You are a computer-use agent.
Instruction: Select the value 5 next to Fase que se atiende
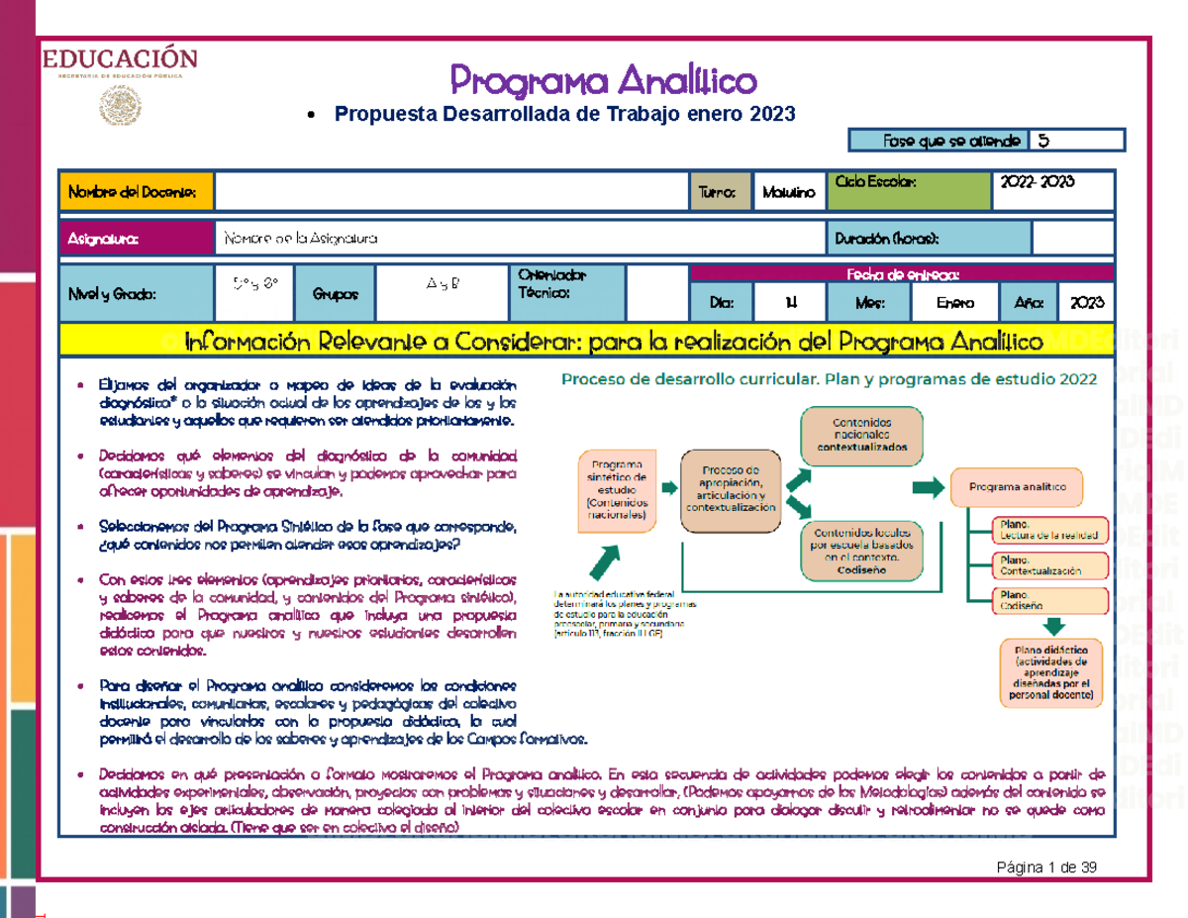(1075, 141)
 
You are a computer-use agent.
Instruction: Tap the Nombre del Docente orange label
(137, 191)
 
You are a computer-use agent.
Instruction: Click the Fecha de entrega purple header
(902, 273)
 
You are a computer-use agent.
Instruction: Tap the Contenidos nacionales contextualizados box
(861, 432)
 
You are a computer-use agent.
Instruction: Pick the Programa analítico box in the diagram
(1017, 487)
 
